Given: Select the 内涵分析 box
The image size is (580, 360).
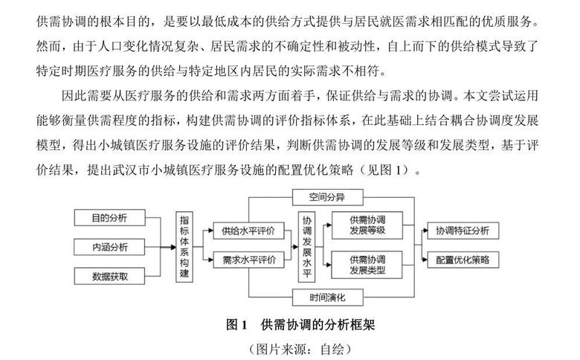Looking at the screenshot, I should click(109, 246).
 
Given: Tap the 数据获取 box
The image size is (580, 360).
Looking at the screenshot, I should click(109, 276).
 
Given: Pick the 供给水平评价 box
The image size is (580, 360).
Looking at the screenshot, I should click(248, 231).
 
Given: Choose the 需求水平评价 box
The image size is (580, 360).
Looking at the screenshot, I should click(248, 260).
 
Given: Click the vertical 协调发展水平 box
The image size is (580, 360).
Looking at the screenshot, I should click(306, 246).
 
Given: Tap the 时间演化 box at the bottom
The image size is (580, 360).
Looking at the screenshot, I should click(327, 297).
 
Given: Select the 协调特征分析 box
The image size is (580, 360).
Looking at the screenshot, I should click(463, 231).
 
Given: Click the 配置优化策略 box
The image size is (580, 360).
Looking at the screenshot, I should click(463, 260).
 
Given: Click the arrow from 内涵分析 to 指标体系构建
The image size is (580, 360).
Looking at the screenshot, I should click(161, 246).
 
